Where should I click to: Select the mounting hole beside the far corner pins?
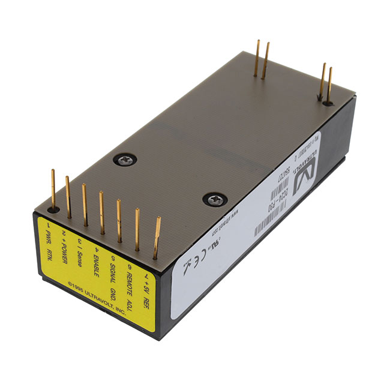(326, 103)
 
